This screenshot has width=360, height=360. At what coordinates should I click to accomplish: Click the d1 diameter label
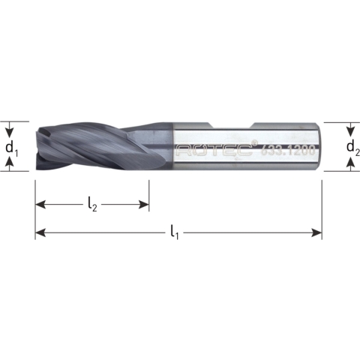(11, 147)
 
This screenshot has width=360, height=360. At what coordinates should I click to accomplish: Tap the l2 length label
(92, 203)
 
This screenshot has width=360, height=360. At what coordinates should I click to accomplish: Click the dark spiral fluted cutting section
(97, 146)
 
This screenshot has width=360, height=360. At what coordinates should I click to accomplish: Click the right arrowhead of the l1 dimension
(317, 233)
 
